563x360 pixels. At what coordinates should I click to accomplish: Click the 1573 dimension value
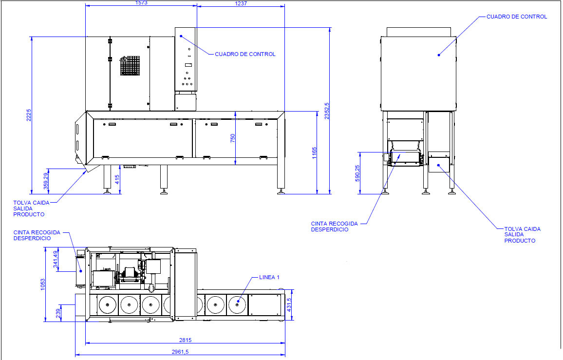[141, 3]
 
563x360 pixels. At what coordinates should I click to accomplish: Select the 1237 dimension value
[241, 3]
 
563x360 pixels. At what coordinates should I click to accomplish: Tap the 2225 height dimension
[29, 115]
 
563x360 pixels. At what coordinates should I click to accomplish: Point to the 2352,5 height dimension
[327, 111]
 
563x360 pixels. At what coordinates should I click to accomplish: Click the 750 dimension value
[233, 138]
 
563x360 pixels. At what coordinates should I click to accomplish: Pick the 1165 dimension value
[315, 153]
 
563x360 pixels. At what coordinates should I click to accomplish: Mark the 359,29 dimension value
[46, 181]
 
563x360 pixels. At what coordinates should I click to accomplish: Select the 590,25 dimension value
[357, 173]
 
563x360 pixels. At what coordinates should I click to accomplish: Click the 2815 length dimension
[185, 340]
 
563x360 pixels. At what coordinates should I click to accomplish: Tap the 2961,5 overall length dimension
[180, 352]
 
